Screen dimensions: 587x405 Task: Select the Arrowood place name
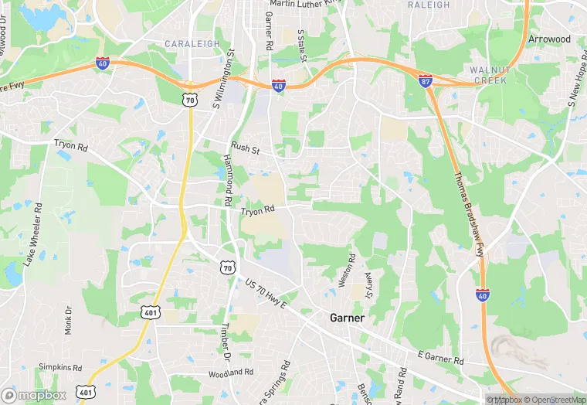(x=549, y=39)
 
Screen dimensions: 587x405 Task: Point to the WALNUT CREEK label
(x=488, y=75)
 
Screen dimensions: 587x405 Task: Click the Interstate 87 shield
(x=426, y=80)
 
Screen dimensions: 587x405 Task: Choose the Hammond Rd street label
(x=229, y=179)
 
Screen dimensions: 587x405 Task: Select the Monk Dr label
(x=68, y=318)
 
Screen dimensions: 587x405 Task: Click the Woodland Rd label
(x=231, y=372)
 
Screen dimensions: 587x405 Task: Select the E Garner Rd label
(x=440, y=358)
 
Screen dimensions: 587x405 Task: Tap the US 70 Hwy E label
(x=266, y=294)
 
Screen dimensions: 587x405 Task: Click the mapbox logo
(x=34, y=395)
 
